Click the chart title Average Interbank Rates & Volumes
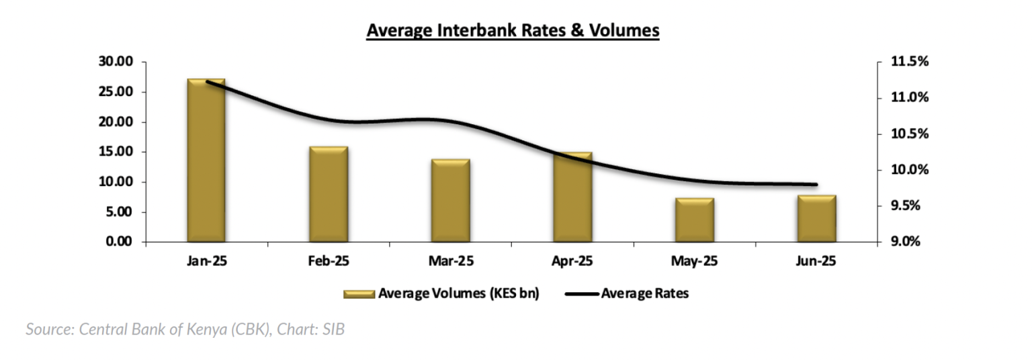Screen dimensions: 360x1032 513,31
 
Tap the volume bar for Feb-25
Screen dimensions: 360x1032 329,194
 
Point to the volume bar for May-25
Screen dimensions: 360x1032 695,220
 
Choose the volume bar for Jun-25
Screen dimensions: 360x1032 816,218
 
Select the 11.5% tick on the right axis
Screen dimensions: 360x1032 909,62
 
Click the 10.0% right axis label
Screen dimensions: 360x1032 909,170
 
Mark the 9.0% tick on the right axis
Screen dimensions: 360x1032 909,242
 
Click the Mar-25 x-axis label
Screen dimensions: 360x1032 450,261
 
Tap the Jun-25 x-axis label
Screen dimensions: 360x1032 816,261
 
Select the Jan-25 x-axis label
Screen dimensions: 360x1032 206,261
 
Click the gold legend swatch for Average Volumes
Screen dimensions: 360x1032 359,294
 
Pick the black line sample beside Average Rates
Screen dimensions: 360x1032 581,294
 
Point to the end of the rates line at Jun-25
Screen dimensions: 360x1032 816,184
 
